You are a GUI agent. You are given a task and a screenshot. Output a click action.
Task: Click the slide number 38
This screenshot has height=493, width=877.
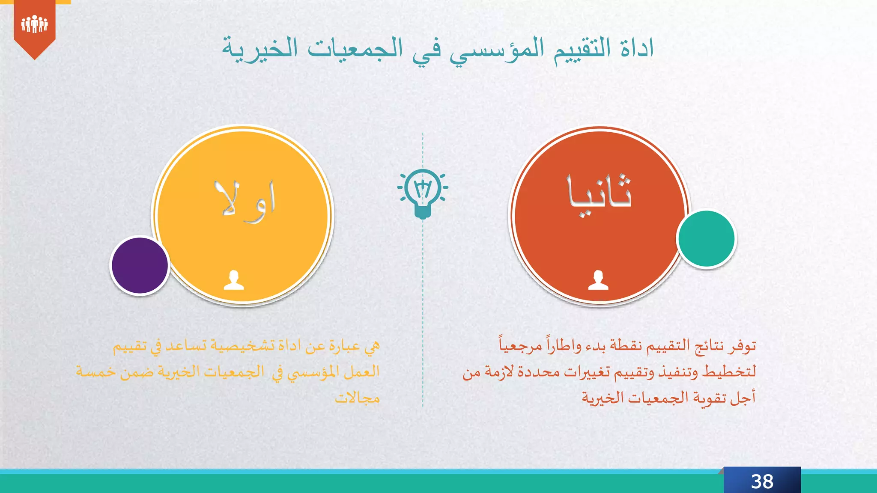[x=762, y=481]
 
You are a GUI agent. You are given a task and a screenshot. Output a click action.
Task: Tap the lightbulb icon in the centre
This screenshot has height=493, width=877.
[x=423, y=193]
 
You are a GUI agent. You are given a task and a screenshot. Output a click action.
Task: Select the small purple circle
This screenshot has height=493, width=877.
[x=140, y=265]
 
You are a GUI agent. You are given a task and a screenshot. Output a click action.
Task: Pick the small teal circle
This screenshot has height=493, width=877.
[x=706, y=239]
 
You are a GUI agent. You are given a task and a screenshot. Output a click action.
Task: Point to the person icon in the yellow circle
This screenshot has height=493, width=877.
[x=234, y=280]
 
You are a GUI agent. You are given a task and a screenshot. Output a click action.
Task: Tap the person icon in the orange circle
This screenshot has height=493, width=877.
[x=598, y=280]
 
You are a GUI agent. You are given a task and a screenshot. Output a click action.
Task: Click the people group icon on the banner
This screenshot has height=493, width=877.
[x=34, y=24]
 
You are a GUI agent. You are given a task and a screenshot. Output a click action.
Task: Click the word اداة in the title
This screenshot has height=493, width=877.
[x=637, y=48]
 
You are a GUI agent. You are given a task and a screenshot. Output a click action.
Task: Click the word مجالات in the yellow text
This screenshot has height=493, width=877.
[x=357, y=398]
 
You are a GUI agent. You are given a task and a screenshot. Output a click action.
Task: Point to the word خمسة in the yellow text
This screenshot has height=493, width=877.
[x=96, y=371]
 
